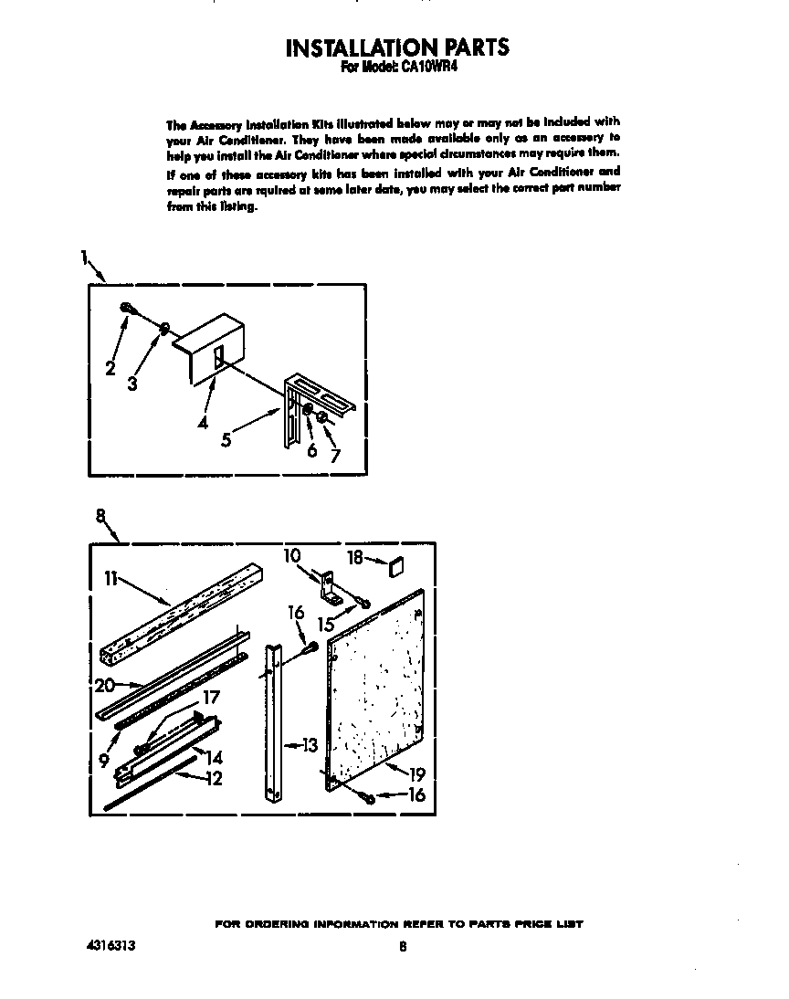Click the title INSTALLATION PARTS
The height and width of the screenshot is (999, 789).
(397, 47)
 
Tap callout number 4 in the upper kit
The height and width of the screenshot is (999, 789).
(202, 423)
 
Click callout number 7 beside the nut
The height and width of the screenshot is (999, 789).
(335, 456)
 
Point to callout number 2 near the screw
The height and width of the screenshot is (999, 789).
(110, 369)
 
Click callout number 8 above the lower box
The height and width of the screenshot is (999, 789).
(100, 516)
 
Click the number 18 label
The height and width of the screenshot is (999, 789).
(355, 557)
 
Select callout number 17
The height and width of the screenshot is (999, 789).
(212, 699)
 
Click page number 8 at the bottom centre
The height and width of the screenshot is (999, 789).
(402, 947)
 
